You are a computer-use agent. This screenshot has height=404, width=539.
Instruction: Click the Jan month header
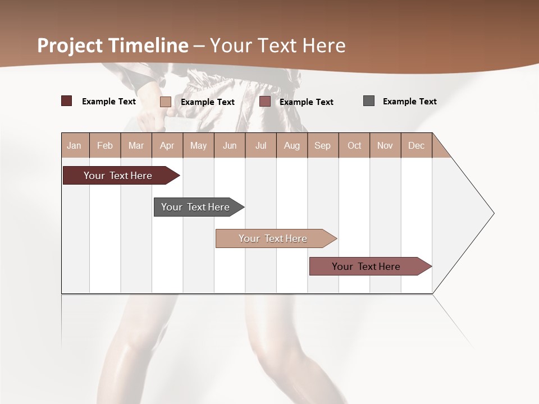[x=74, y=145]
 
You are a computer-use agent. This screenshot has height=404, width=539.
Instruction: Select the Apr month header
[x=167, y=145]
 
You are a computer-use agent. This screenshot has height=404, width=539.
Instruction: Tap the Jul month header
[x=261, y=145]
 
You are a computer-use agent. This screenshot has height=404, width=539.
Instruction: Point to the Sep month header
[x=322, y=145]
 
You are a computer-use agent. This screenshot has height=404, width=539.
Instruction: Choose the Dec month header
[x=416, y=145]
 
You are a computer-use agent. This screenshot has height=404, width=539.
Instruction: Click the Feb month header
[x=105, y=145]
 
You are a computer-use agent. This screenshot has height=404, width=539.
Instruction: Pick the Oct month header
[x=354, y=145]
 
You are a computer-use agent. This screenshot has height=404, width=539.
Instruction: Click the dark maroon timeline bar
[x=118, y=176]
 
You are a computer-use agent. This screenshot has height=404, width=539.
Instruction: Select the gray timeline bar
[x=196, y=207]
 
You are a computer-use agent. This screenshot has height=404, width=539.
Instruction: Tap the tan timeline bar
[x=273, y=238]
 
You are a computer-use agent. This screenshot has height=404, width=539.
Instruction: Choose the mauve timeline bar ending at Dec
[x=367, y=267]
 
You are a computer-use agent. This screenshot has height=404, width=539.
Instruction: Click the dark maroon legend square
[x=66, y=101]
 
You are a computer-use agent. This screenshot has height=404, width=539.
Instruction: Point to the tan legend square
[x=165, y=102]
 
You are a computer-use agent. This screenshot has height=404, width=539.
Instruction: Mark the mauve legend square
[x=265, y=102]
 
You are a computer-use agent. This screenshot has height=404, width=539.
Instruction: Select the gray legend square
[x=369, y=101]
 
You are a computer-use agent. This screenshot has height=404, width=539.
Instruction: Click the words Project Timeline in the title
[x=113, y=45]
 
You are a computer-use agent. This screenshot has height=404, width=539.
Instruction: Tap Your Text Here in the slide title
[x=278, y=45]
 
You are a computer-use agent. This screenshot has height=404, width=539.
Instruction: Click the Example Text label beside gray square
[x=409, y=102]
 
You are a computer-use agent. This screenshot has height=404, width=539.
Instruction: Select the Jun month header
[x=230, y=145]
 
